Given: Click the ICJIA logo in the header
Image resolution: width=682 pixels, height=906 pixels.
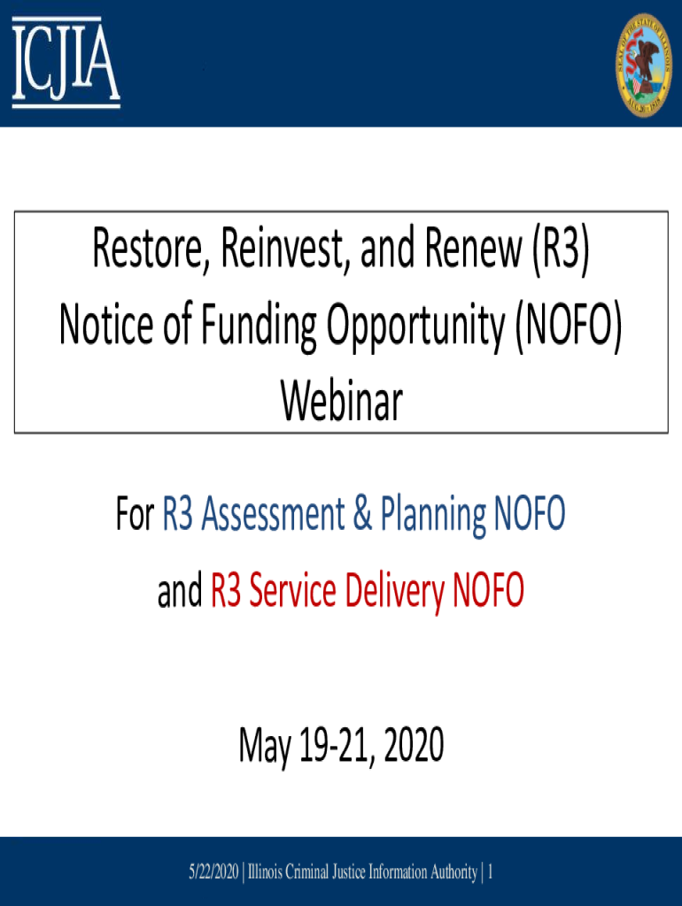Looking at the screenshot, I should (66, 62).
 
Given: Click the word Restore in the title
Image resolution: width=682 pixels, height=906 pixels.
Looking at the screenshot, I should (147, 252).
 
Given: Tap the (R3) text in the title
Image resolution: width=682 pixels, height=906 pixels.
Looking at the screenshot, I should (560, 252).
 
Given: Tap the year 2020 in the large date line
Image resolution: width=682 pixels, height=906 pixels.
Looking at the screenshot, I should (408, 749).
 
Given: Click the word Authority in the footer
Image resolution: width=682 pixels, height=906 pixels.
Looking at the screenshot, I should (449, 873).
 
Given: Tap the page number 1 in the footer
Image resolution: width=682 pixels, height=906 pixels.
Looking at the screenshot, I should (490, 873).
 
